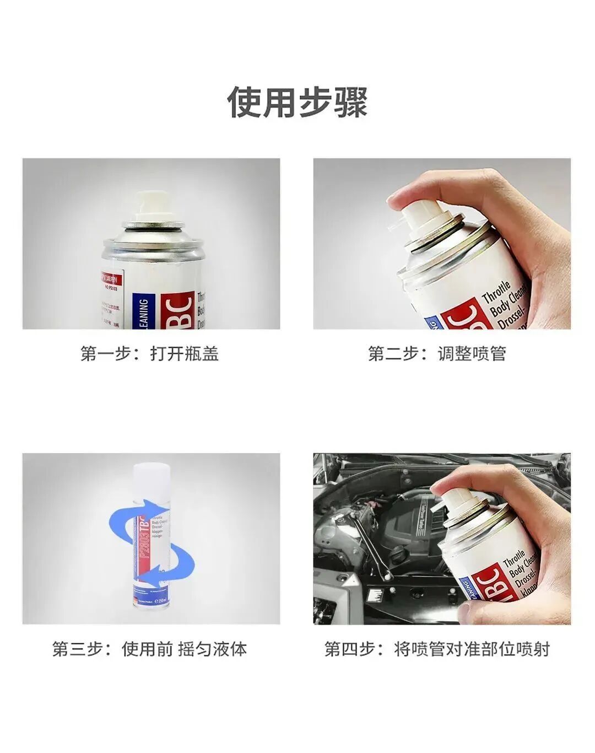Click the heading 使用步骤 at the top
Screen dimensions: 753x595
pyautogui.click(x=297, y=101)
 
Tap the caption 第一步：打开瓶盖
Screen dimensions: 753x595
pyautogui.click(x=150, y=353)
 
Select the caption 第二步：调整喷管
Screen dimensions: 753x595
pyautogui.click(x=437, y=353)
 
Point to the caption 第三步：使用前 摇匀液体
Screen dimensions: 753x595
pyautogui.click(x=150, y=649)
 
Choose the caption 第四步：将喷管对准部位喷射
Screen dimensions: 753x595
pyautogui.click(x=437, y=649)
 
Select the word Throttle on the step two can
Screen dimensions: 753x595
pyautogui.click(x=497, y=291)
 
